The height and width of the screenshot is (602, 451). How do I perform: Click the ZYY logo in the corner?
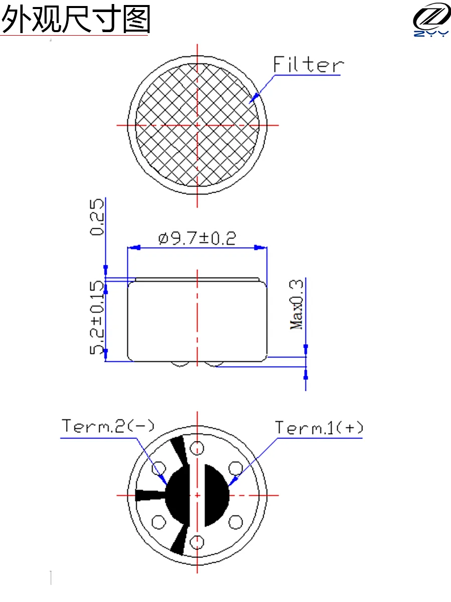431,19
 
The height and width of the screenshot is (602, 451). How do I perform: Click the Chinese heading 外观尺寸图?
76,19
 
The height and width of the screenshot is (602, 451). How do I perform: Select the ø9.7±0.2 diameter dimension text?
197,238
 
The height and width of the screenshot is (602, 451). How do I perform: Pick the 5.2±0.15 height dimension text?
97,318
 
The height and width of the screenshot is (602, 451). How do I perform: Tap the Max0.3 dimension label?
297,305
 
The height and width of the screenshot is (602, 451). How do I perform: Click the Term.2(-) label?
108,426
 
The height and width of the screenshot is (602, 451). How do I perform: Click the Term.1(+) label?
319,427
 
